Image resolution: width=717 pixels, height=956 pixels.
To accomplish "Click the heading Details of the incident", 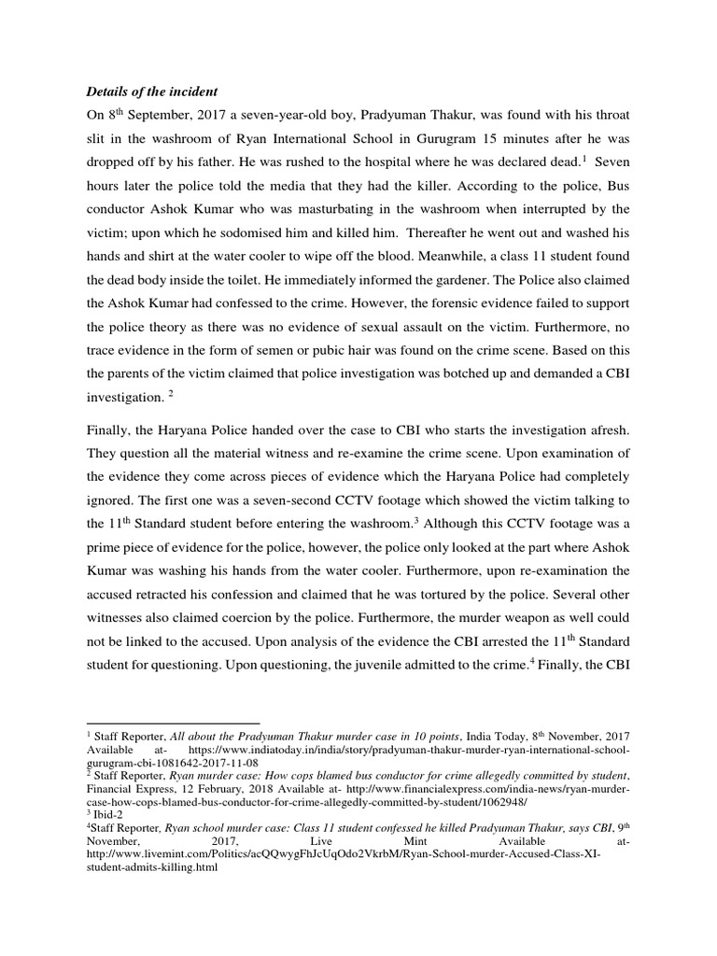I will pyautogui.click(x=152, y=91).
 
